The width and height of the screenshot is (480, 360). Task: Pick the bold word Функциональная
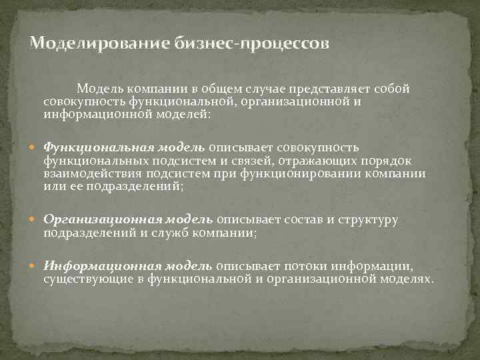click(x=99, y=147)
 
